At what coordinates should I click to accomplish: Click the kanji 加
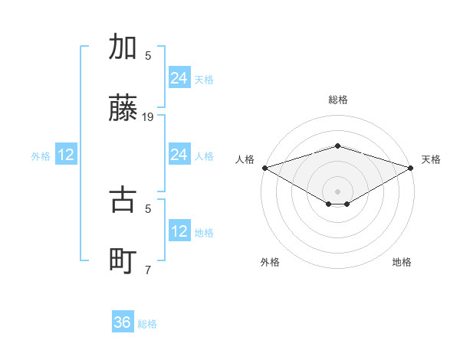coord(123,47)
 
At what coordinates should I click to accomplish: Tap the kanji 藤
coord(123,110)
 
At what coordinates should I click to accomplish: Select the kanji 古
coord(123,200)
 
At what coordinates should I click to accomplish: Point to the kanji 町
coord(123,261)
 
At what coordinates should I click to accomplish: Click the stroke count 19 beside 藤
coord(148,117)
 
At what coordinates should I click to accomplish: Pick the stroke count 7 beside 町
coord(148,270)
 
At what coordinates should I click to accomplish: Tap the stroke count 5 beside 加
coord(148,55)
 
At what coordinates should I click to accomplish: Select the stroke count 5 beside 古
coord(148,208)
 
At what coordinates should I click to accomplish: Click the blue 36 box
coord(123,322)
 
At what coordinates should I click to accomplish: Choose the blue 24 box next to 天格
coord(179,78)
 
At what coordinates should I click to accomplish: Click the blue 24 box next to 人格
coord(179,155)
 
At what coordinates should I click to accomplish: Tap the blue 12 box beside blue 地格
coord(179,231)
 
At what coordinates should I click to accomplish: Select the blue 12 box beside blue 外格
coord(66,155)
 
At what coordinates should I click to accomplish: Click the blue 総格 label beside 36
coord(147,324)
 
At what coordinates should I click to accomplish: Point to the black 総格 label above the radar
coord(337,100)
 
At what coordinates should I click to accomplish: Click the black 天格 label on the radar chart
coord(431,159)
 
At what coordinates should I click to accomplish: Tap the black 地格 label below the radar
coord(402,262)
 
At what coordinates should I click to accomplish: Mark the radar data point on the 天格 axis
coord(411,168)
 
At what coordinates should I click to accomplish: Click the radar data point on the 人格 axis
coord(264,168)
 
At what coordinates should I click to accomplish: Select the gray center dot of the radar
coord(337,191)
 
